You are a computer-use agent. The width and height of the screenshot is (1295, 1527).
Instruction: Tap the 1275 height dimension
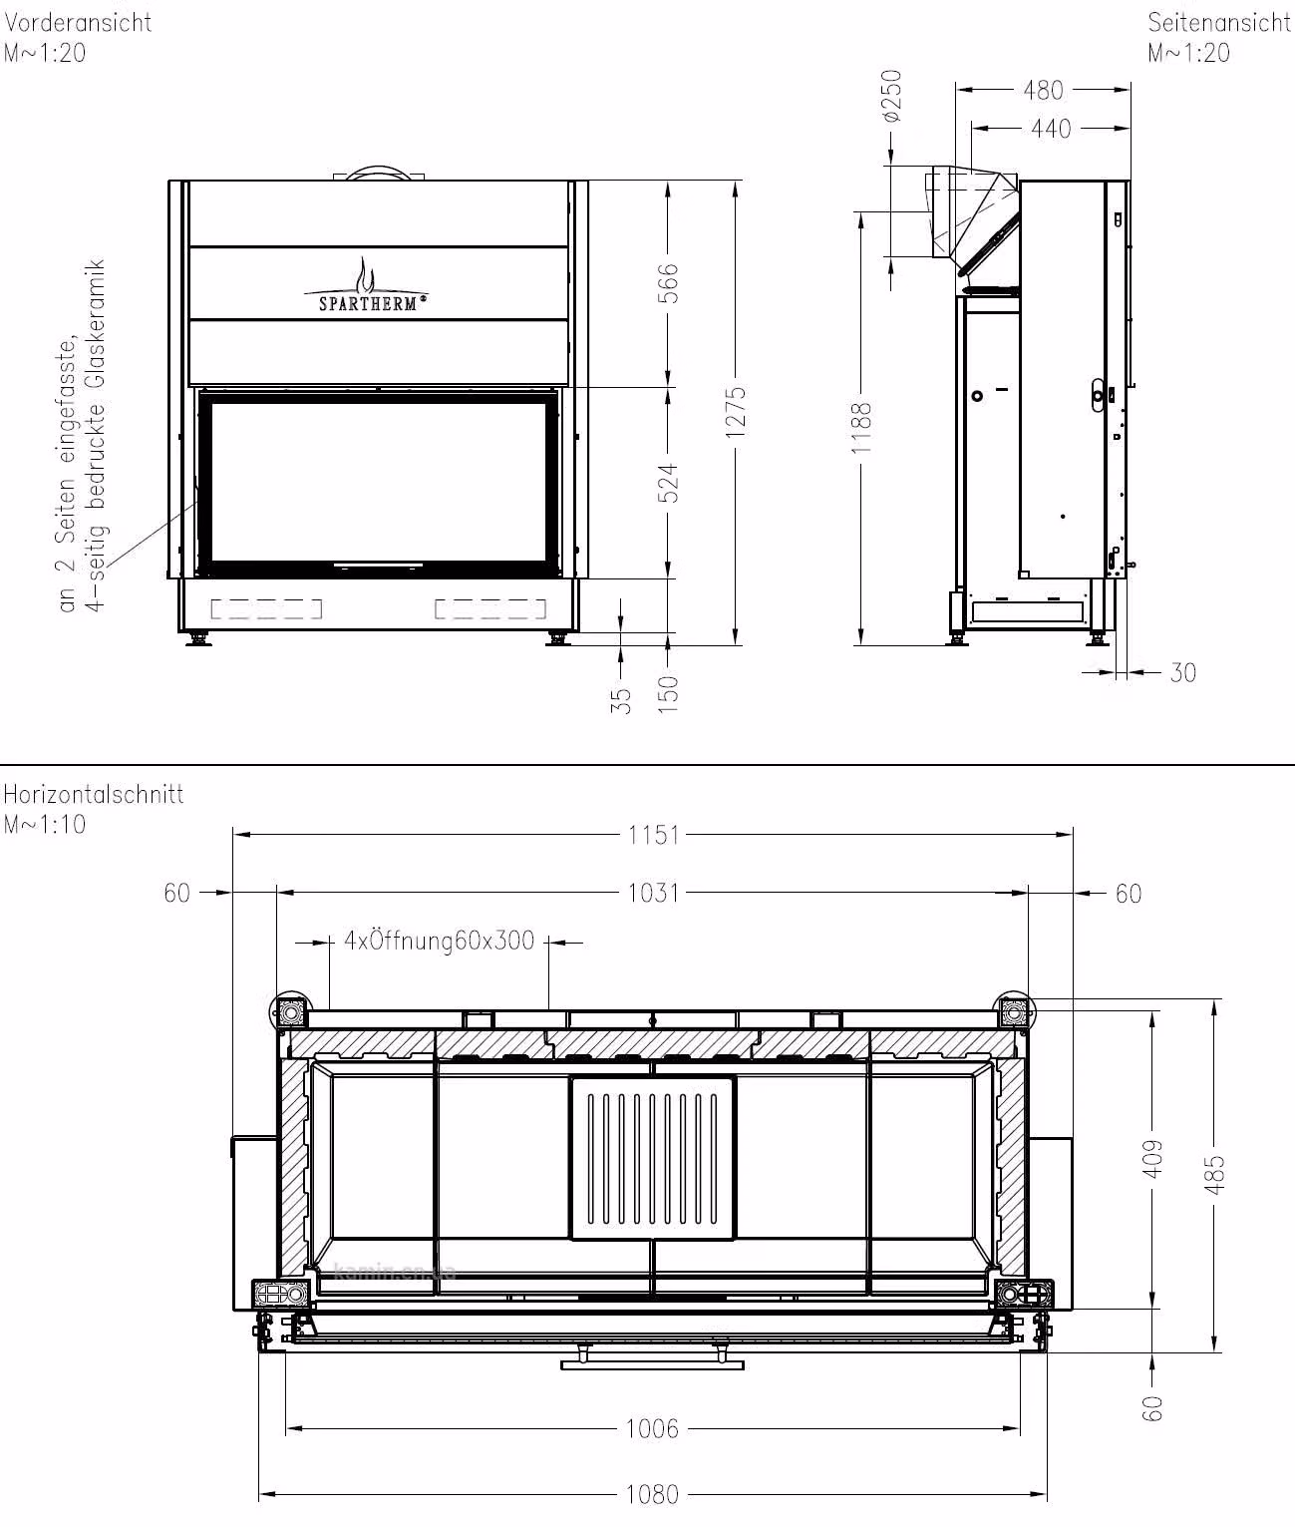click(x=736, y=412)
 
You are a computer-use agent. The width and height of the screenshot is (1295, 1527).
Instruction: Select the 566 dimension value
click(x=667, y=283)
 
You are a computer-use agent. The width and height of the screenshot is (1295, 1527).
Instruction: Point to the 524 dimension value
click(x=667, y=483)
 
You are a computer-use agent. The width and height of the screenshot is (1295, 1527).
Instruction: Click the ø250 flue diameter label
click(x=892, y=96)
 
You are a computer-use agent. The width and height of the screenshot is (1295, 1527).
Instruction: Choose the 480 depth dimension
click(x=1043, y=90)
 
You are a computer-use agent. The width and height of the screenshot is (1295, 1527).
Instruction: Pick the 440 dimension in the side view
click(x=1051, y=129)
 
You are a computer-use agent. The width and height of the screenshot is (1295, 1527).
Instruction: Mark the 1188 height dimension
click(x=861, y=429)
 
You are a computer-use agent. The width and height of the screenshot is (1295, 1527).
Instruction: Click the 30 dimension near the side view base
click(x=1182, y=672)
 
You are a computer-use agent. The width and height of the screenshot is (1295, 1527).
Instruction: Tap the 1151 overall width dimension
click(x=653, y=835)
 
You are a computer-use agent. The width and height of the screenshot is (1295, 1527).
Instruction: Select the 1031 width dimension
click(x=653, y=893)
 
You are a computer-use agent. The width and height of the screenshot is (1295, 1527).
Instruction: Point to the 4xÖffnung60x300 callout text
click(x=440, y=941)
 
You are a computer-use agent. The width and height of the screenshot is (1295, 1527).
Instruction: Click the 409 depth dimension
click(x=1153, y=1159)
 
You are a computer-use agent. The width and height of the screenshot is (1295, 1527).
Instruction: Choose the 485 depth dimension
click(x=1214, y=1175)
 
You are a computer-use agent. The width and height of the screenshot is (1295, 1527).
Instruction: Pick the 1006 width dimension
click(x=652, y=1428)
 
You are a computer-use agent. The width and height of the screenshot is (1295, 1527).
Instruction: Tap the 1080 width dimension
click(x=652, y=1494)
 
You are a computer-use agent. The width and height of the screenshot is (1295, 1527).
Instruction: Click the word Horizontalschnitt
click(x=93, y=794)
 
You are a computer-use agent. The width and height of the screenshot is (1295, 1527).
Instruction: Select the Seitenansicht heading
click(x=1219, y=23)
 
